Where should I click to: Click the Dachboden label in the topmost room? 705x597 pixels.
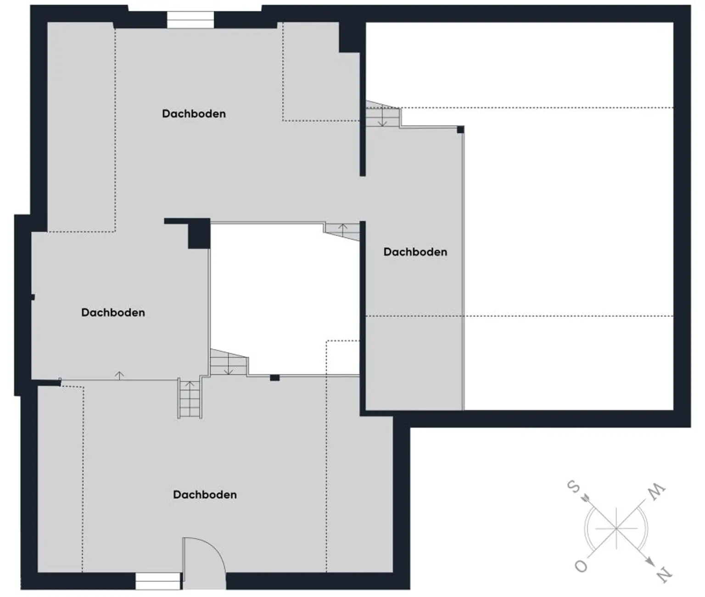194,113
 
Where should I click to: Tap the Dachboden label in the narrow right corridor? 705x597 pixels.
415,252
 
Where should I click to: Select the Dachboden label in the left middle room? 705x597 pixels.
113,312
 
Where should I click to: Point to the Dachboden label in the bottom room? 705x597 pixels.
205,495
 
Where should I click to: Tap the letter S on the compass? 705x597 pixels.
574,487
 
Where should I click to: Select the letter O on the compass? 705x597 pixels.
581,566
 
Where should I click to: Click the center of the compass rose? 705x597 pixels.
616,529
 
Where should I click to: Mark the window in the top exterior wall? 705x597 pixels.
190,20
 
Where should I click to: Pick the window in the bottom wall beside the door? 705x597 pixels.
158,581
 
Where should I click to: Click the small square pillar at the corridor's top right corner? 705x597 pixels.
460,129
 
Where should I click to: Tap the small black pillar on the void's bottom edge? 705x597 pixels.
274,378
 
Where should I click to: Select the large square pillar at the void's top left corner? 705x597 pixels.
199,234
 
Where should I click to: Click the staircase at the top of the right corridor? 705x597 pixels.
383,114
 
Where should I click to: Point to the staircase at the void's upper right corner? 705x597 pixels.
342,231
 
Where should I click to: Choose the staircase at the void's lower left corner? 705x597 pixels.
229,363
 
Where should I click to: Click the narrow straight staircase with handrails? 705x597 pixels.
190,398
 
